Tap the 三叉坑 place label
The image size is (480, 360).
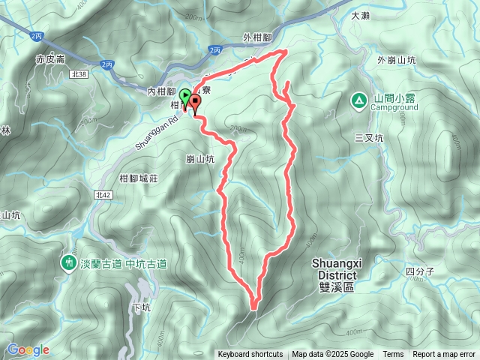pyautogui.click(x=368, y=138)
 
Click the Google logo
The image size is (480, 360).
pyautogui.click(x=28, y=349)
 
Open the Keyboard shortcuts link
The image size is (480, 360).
pyautogui.click(x=250, y=355)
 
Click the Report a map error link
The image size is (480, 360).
pyautogui.click(x=444, y=355)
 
